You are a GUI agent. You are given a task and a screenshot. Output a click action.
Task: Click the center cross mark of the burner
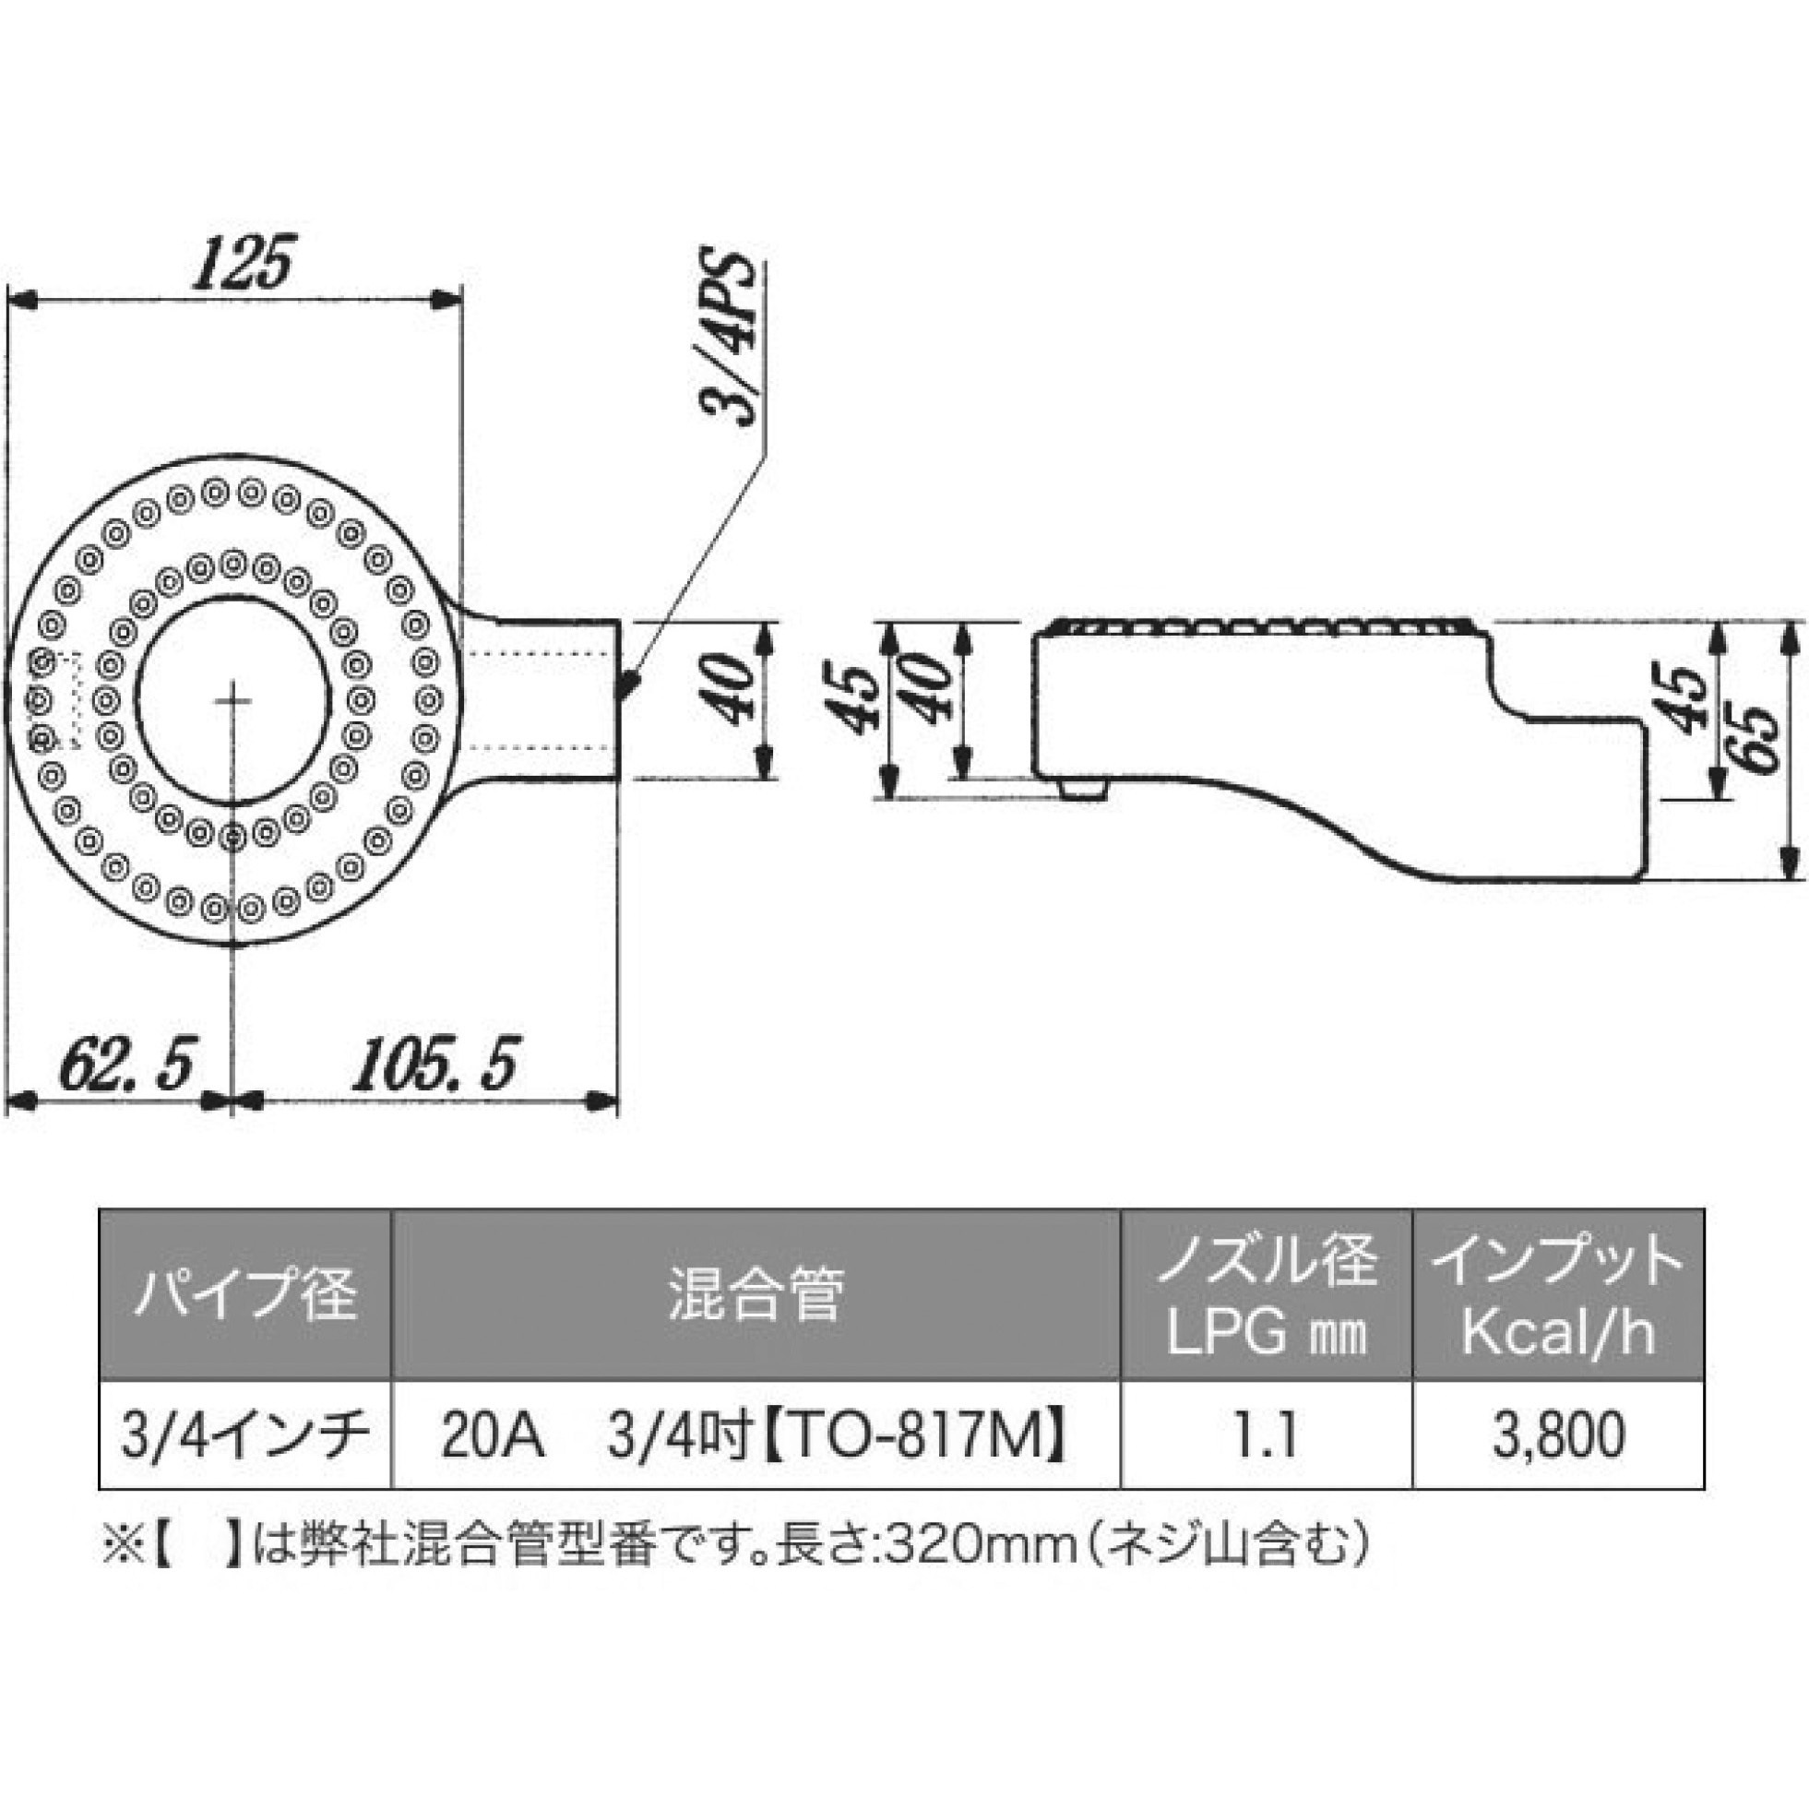(x=233, y=700)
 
